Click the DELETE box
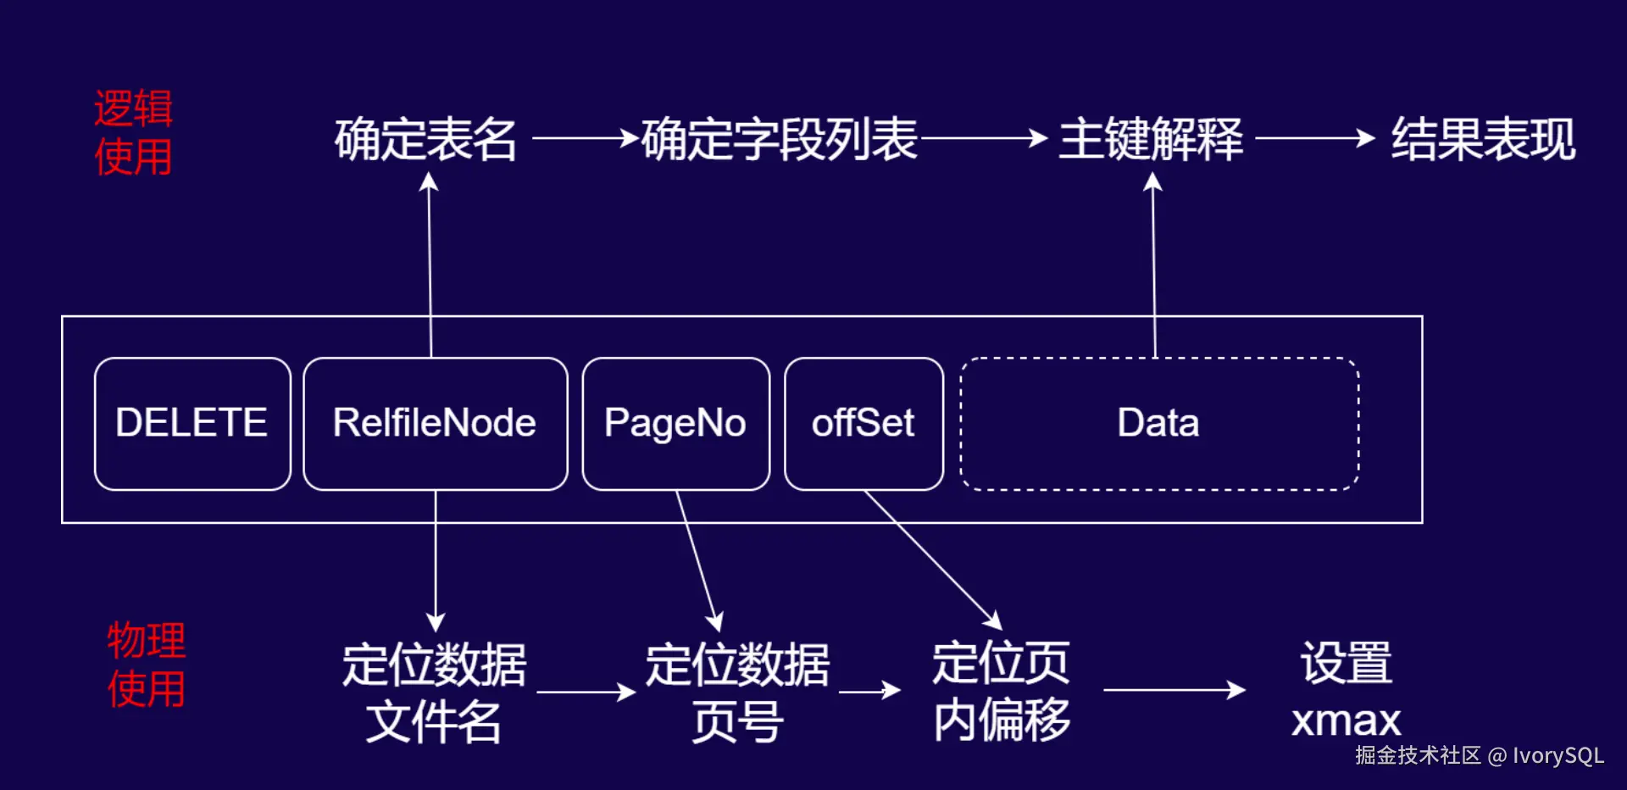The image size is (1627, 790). [x=192, y=423]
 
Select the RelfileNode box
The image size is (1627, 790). [x=435, y=423]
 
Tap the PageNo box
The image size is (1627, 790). [x=675, y=423]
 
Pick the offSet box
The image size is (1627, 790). [x=863, y=423]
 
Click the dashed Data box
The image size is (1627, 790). [x=1158, y=423]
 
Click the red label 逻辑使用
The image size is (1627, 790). [x=133, y=133]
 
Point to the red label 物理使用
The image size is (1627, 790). [x=146, y=665]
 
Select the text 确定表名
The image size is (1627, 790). [x=425, y=140]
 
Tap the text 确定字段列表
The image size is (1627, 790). [x=780, y=140]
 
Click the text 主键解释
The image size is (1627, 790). [x=1151, y=140]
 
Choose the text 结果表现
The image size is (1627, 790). [x=1483, y=140]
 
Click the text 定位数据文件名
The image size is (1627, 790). [x=434, y=693]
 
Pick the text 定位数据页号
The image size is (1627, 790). [x=737, y=693]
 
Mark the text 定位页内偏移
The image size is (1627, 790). [x=1001, y=691]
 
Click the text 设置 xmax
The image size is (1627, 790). [x=1346, y=691]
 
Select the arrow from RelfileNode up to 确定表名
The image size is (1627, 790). [x=430, y=263]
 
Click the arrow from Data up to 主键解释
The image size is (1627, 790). [x=1153, y=263]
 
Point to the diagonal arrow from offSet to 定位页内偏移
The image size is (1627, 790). [x=932, y=559]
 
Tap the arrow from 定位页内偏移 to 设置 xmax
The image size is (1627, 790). [x=1174, y=690]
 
